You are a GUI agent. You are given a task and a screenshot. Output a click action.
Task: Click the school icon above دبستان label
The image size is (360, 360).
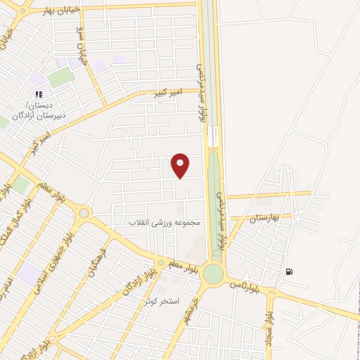tap(39, 94)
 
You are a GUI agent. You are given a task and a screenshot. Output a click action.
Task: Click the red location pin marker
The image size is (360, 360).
tap(181, 165)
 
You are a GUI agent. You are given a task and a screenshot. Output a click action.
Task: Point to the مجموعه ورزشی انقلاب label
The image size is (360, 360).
tap(164, 222)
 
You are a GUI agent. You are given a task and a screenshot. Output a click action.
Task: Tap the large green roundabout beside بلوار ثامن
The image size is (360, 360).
tap(212, 275)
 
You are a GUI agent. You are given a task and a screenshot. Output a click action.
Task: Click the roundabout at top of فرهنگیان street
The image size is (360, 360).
tap(84, 212)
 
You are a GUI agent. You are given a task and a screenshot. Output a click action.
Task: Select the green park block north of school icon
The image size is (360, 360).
tap(61, 77)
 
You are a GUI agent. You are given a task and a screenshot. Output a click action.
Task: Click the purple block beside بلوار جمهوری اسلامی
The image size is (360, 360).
tap(30, 273)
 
